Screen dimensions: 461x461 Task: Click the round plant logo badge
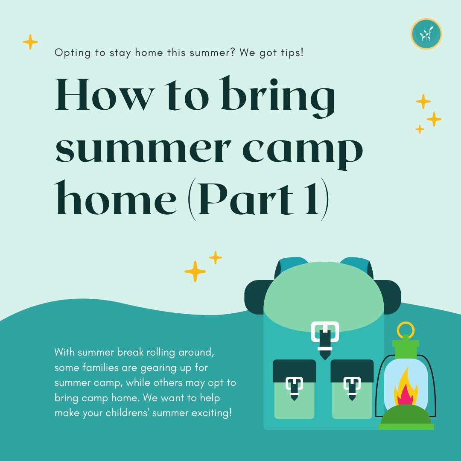click(x=426, y=34)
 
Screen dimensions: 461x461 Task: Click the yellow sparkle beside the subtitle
click(x=30, y=42)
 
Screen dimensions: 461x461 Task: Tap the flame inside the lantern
click(x=405, y=389)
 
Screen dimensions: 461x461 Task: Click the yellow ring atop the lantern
click(x=405, y=329)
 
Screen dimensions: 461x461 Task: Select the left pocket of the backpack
click(x=294, y=388)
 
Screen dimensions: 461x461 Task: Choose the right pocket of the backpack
click(x=352, y=388)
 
